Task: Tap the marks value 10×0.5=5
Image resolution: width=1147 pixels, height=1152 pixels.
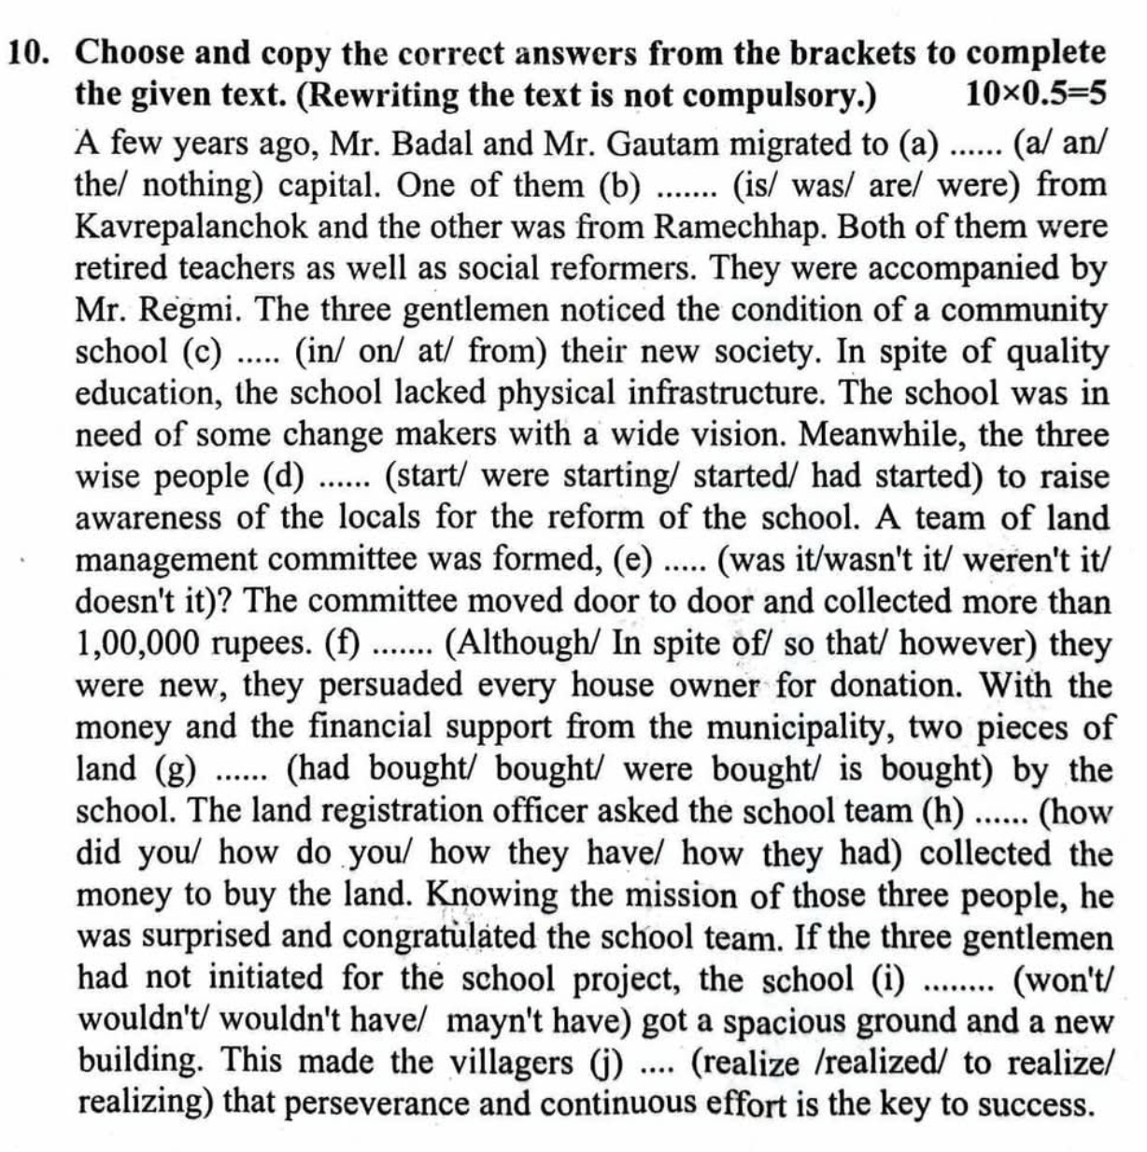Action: [x=1036, y=93]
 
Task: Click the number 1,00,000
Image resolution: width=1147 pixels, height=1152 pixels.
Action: [x=141, y=644]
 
